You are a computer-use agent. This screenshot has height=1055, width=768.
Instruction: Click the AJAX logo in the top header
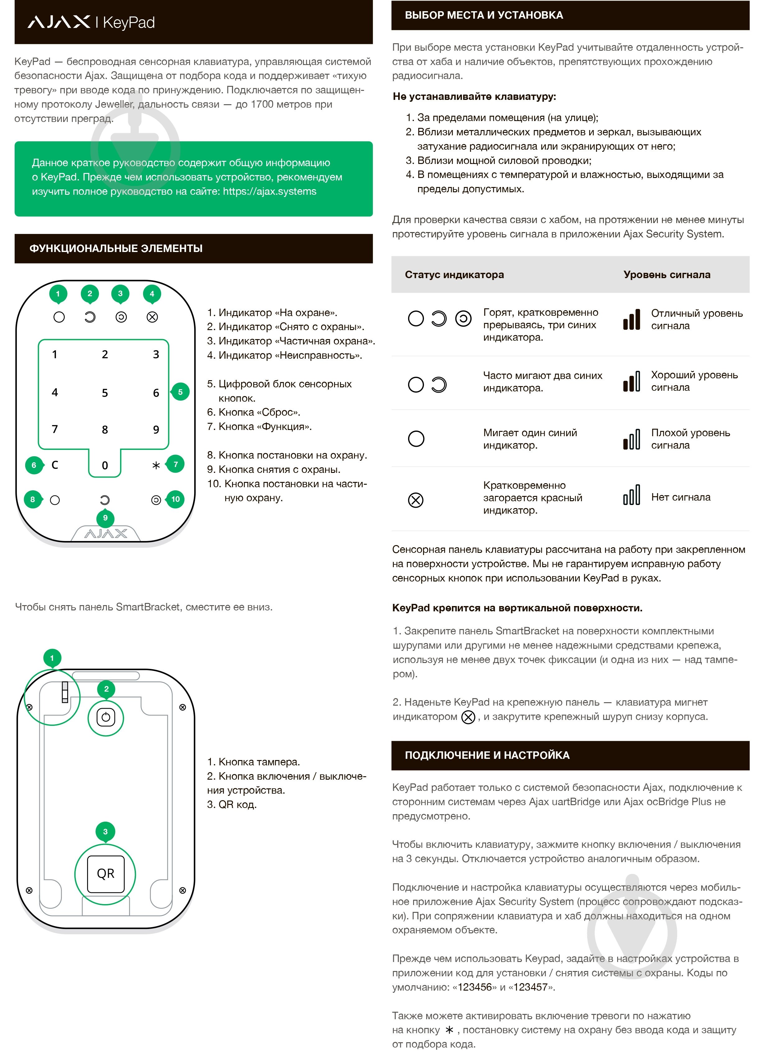coord(58,22)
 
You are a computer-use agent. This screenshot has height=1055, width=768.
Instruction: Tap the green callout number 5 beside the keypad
coord(180,392)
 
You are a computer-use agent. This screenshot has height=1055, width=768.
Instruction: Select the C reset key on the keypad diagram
coord(55,465)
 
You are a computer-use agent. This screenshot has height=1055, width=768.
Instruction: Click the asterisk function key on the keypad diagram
coord(156,465)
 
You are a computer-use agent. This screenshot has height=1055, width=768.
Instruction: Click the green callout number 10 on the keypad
coord(175,499)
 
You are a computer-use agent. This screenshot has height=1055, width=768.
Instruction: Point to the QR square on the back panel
coord(105,874)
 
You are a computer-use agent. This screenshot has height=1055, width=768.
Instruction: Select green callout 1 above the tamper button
coord(52,658)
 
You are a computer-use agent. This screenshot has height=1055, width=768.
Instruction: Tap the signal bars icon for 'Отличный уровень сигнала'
coord(631,319)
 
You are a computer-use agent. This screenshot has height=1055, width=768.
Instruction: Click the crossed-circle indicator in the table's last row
coord(416,500)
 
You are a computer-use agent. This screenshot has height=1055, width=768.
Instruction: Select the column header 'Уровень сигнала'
coord(667,274)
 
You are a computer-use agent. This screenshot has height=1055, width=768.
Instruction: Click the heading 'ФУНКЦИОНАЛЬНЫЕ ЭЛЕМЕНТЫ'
coord(116,248)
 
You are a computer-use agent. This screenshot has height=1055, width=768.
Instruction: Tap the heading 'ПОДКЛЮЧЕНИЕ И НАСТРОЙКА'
coord(487,755)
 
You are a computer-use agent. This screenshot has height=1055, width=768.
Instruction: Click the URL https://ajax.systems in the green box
coord(269,191)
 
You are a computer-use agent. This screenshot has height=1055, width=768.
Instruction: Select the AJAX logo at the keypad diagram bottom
coord(105,534)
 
